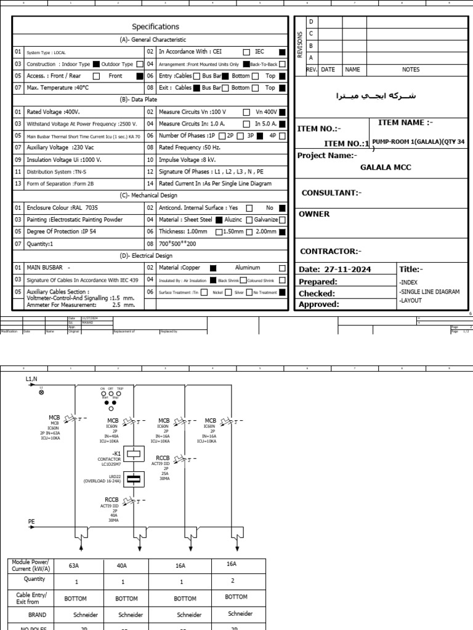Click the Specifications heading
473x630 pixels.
(155, 26)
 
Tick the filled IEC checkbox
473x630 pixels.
(282, 52)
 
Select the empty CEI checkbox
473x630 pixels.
(246, 52)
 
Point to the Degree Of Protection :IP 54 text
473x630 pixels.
(61, 231)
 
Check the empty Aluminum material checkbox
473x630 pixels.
(282, 268)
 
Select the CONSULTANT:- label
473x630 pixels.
(331, 193)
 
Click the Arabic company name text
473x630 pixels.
(376, 96)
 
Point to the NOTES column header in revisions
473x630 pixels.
(411, 70)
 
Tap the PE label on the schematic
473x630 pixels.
(32, 521)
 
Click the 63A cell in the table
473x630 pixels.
(77, 565)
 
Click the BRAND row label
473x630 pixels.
(37, 615)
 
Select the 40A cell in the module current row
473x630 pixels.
(122, 565)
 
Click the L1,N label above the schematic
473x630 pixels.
(32, 380)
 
